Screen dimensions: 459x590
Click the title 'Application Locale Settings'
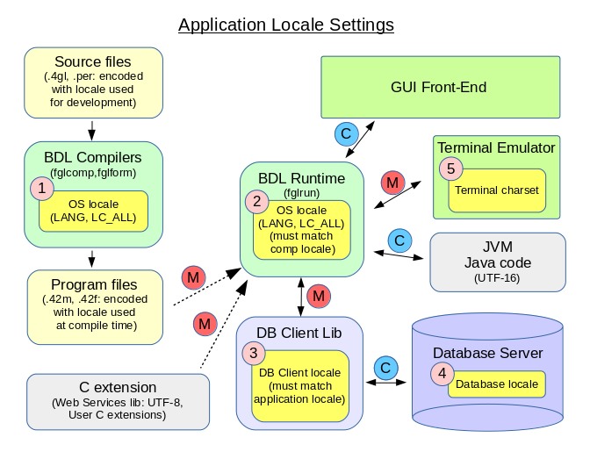click(285, 24)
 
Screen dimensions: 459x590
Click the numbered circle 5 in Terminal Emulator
click(450, 169)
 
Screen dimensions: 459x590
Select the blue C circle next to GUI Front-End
click(346, 133)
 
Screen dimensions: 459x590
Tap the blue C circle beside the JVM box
click(399, 239)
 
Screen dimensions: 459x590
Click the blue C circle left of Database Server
click(383, 365)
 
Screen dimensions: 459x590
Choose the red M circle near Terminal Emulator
click(392, 183)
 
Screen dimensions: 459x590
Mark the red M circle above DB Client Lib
click(319, 297)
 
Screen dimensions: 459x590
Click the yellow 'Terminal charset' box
click(496, 190)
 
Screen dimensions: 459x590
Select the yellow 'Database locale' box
click(497, 384)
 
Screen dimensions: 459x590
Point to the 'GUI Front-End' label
click(438, 87)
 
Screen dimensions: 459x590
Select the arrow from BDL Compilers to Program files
click(91, 257)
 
